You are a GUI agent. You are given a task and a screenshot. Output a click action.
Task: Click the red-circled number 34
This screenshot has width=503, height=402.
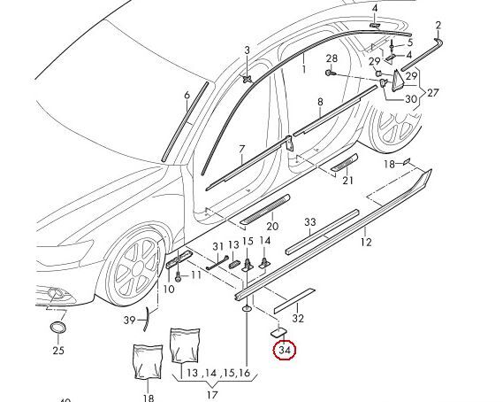[285, 352]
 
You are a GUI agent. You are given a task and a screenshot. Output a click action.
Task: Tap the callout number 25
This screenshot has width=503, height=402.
[58, 351]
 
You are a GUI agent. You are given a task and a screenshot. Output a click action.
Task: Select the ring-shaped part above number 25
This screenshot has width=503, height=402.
[58, 330]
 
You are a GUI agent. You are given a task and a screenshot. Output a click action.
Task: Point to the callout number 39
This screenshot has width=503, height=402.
[129, 320]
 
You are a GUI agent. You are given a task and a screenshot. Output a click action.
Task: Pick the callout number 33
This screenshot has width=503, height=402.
[309, 222]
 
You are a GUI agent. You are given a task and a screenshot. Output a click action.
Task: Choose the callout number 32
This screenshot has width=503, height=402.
[298, 319]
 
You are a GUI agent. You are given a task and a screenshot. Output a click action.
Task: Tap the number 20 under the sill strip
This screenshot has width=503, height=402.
[272, 228]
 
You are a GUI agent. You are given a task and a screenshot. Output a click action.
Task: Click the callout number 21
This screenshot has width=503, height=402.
[347, 181]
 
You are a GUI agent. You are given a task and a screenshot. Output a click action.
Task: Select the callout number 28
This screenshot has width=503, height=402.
[332, 59]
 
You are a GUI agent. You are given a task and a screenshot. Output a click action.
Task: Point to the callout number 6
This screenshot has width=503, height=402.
[187, 95]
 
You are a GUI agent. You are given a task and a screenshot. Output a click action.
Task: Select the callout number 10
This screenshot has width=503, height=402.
[170, 289]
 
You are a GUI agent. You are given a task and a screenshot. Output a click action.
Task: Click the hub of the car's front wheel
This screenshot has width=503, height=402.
[139, 266]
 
